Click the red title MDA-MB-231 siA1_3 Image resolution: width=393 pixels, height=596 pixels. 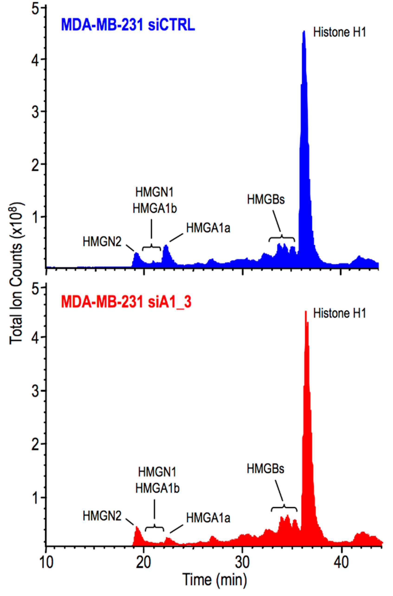[x=126, y=302]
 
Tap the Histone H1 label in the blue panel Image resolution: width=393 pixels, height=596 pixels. [x=340, y=33]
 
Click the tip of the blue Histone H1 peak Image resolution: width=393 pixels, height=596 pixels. [x=304, y=32]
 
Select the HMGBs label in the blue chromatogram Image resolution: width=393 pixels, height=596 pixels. [x=266, y=200]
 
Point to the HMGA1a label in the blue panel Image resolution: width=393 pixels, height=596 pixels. [x=208, y=228]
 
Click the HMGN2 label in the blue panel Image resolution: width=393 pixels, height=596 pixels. [x=102, y=242]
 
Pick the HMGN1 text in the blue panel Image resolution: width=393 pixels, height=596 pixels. [x=155, y=193]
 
